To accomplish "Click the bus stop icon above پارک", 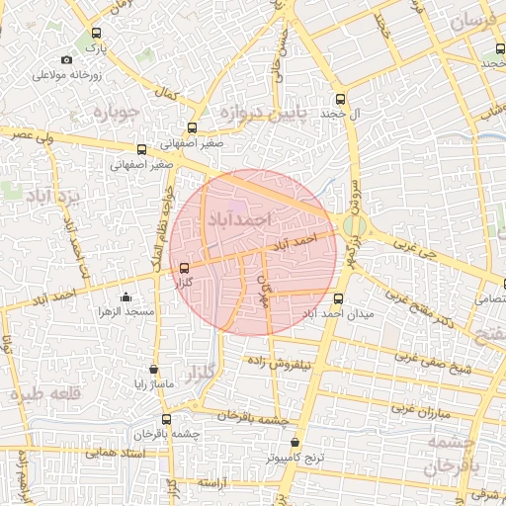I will (x=95, y=31).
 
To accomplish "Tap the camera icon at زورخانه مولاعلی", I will (x=66, y=60).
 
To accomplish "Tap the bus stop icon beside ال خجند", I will (x=341, y=99).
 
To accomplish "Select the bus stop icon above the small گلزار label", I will (x=185, y=268).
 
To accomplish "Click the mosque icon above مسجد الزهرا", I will (x=126, y=296).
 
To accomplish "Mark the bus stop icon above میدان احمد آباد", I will (x=339, y=297).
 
